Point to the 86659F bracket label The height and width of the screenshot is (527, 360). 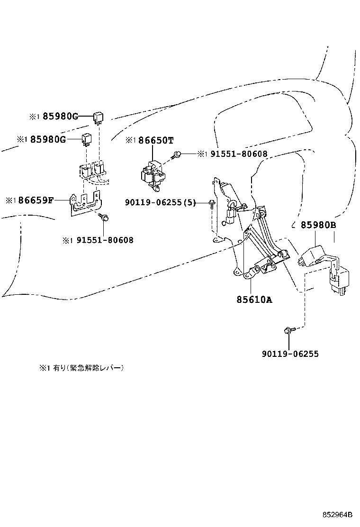click(x=36, y=200)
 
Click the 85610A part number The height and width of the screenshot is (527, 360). click(x=254, y=300)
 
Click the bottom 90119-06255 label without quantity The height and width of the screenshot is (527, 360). click(x=290, y=354)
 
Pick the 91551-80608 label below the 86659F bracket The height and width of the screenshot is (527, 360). click(x=104, y=240)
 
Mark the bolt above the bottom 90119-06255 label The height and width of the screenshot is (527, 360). click(x=288, y=330)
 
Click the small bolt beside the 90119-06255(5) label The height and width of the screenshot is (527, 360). click(x=211, y=203)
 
